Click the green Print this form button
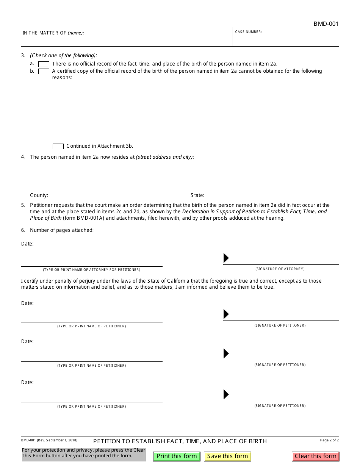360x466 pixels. coord(177,456)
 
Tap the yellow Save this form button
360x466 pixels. coord(227,456)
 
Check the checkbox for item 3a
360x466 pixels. coord(44,64)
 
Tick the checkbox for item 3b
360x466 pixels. coord(44,71)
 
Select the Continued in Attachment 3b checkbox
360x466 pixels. coord(58,146)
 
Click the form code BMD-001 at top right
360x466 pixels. coord(326,24)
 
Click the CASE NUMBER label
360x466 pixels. coord(249,32)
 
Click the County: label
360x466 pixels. coord(39,195)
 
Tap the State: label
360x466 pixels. coord(197,195)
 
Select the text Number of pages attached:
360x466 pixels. coord(61,230)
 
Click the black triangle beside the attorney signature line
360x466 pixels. coord(226,258)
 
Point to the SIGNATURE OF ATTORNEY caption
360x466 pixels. coord(280,269)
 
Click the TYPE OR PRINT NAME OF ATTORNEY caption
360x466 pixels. coord(91,270)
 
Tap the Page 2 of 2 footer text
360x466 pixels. coord(329,440)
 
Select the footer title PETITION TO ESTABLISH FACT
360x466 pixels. coord(180,441)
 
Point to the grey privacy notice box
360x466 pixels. coord(83,454)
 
